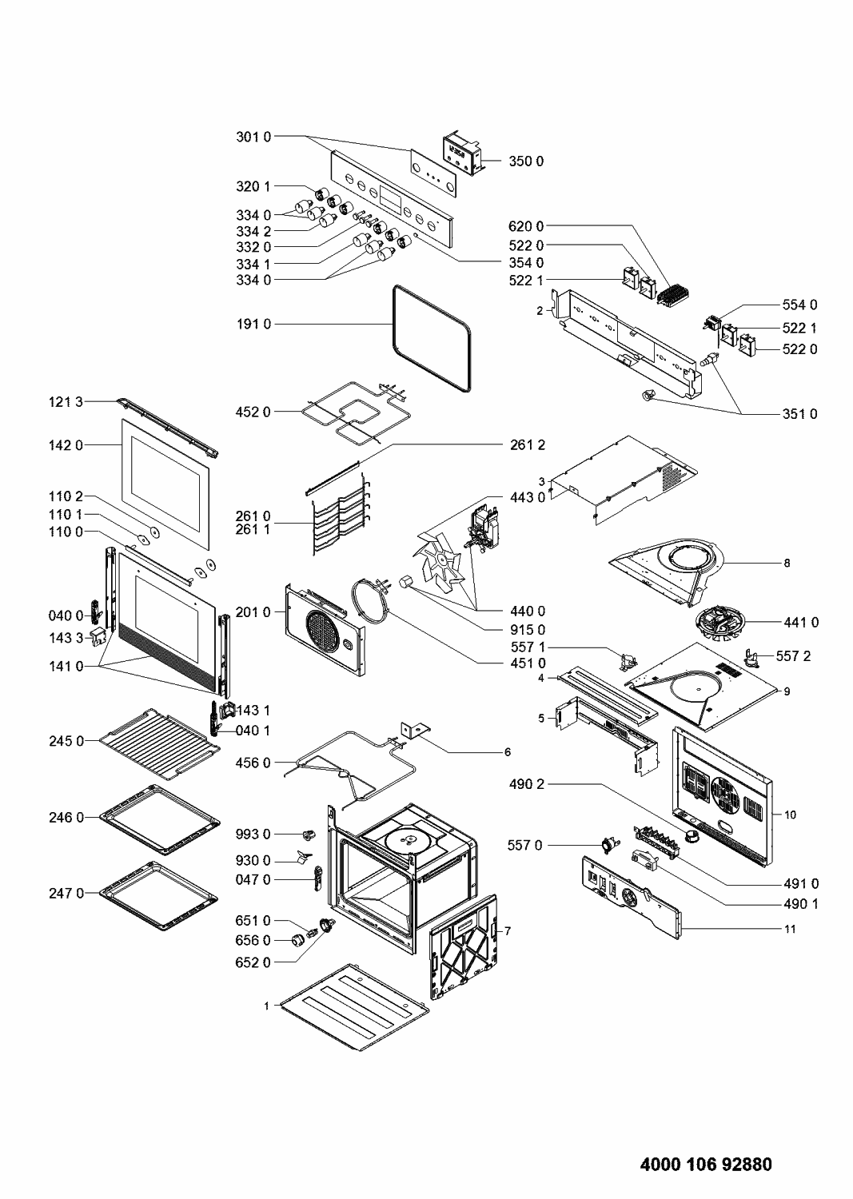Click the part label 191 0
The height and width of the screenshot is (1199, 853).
pyautogui.click(x=253, y=324)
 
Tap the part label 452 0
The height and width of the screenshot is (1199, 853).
pyautogui.click(x=253, y=412)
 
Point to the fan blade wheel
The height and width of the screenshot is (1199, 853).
pyautogui.click(x=442, y=558)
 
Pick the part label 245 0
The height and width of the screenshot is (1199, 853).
pyautogui.click(x=66, y=741)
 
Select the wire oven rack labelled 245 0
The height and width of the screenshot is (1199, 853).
pyautogui.click(x=160, y=744)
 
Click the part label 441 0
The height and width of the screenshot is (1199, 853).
pyautogui.click(x=800, y=622)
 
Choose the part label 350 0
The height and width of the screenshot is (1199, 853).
pyautogui.click(x=526, y=161)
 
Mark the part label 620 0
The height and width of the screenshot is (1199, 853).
pyautogui.click(x=526, y=227)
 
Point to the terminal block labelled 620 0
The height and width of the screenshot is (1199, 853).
pyautogui.click(x=672, y=295)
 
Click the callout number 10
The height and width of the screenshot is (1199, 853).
pyautogui.click(x=790, y=815)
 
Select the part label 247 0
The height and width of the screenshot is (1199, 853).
pyautogui.click(x=66, y=893)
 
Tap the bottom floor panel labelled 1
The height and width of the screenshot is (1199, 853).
pyautogui.click(x=355, y=1007)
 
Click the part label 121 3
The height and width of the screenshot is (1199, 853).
pyautogui.click(x=66, y=401)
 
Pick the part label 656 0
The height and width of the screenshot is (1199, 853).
pyautogui.click(x=253, y=941)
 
